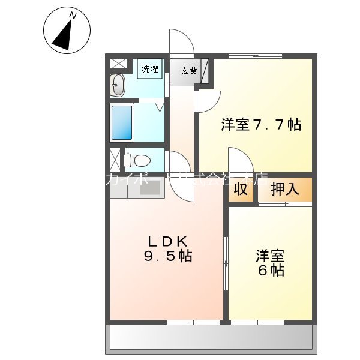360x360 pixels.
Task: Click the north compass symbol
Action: (x=67, y=30)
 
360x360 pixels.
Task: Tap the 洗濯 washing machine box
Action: (x=149, y=68)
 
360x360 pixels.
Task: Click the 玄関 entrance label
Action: (x=188, y=70)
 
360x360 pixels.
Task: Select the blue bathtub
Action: (x=122, y=122)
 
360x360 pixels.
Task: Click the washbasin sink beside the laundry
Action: (x=118, y=86)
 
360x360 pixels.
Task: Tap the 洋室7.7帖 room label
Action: (x=260, y=125)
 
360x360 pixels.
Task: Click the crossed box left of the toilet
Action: (x=115, y=160)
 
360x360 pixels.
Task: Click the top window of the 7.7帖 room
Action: (x=255, y=56)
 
